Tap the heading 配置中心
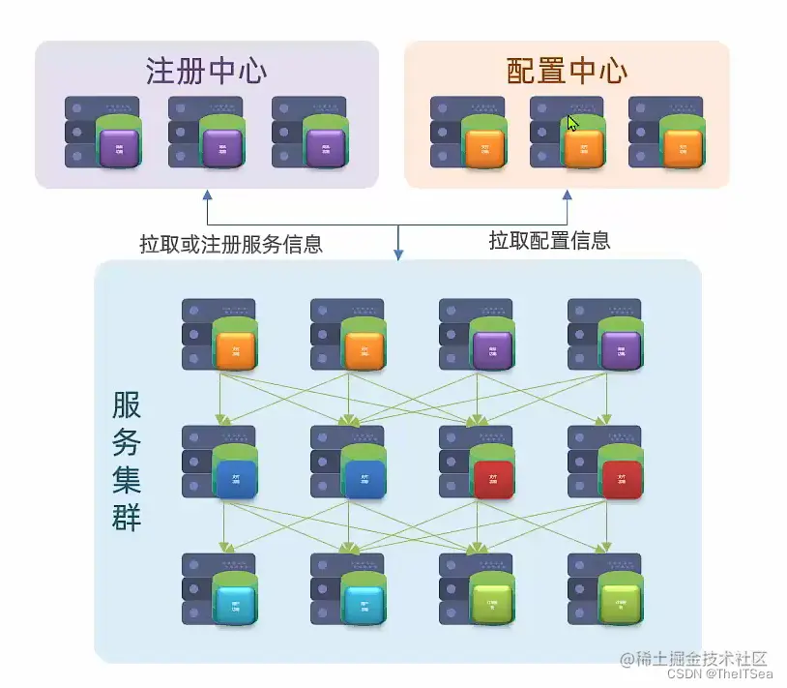[x=567, y=71]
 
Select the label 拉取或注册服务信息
[x=231, y=244]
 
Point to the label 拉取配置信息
[x=549, y=241]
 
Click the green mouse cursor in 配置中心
[x=572, y=124]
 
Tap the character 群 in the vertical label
[x=127, y=518]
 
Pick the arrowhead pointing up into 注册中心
[x=206, y=194]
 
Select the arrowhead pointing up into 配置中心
[x=567, y=194]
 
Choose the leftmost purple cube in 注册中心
[x=120, y=149]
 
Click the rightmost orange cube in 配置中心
[x=683, y=149]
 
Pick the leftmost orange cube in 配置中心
[x=484, y=149]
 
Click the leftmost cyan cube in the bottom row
[x=236, y=606]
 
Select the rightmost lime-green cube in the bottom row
[x=621, y=606]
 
